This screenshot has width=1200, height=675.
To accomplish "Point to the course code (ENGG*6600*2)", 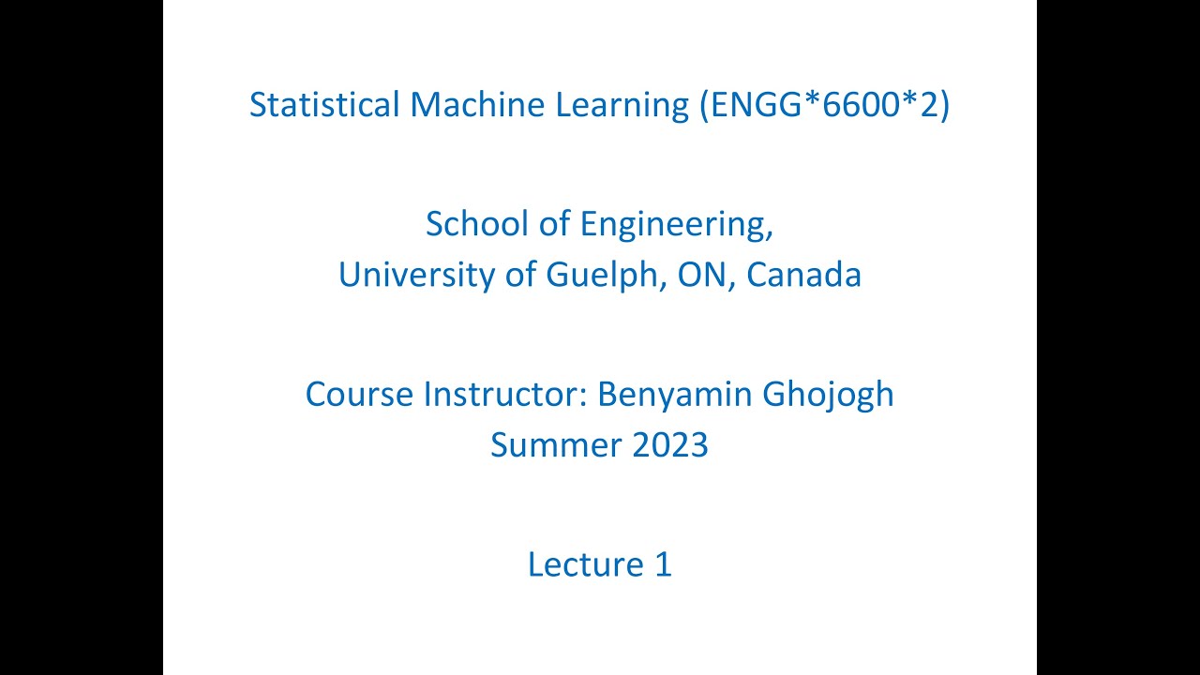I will pos(825,105).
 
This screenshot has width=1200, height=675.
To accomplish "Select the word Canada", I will pos(803,275).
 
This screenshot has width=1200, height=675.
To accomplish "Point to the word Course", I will pos(359,395).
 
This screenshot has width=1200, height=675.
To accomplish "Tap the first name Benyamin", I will pos(674,396).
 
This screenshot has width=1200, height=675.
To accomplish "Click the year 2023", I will pos(670,444).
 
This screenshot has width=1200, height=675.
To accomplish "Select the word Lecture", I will pos(582,564).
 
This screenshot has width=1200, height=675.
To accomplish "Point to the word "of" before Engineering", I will pos(554,224).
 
